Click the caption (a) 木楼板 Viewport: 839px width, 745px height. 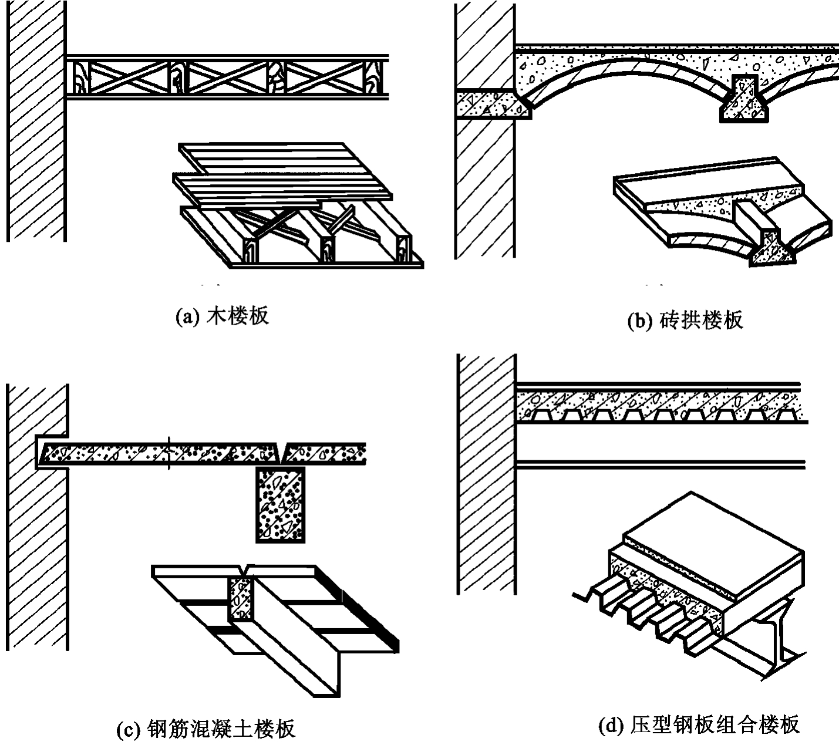pos(223,316)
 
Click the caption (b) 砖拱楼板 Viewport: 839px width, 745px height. pos(685,320)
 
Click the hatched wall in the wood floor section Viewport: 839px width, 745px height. pos(36,120)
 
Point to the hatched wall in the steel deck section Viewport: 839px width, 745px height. pos(487,474)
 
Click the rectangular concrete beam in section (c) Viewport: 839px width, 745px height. pos(281,505)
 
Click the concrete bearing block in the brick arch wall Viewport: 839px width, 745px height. pos(493,103)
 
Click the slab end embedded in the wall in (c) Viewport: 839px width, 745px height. pos(52,453)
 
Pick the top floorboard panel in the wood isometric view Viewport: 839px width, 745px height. pos(265,158)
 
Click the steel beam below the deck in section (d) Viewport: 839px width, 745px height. pos(661,464)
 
